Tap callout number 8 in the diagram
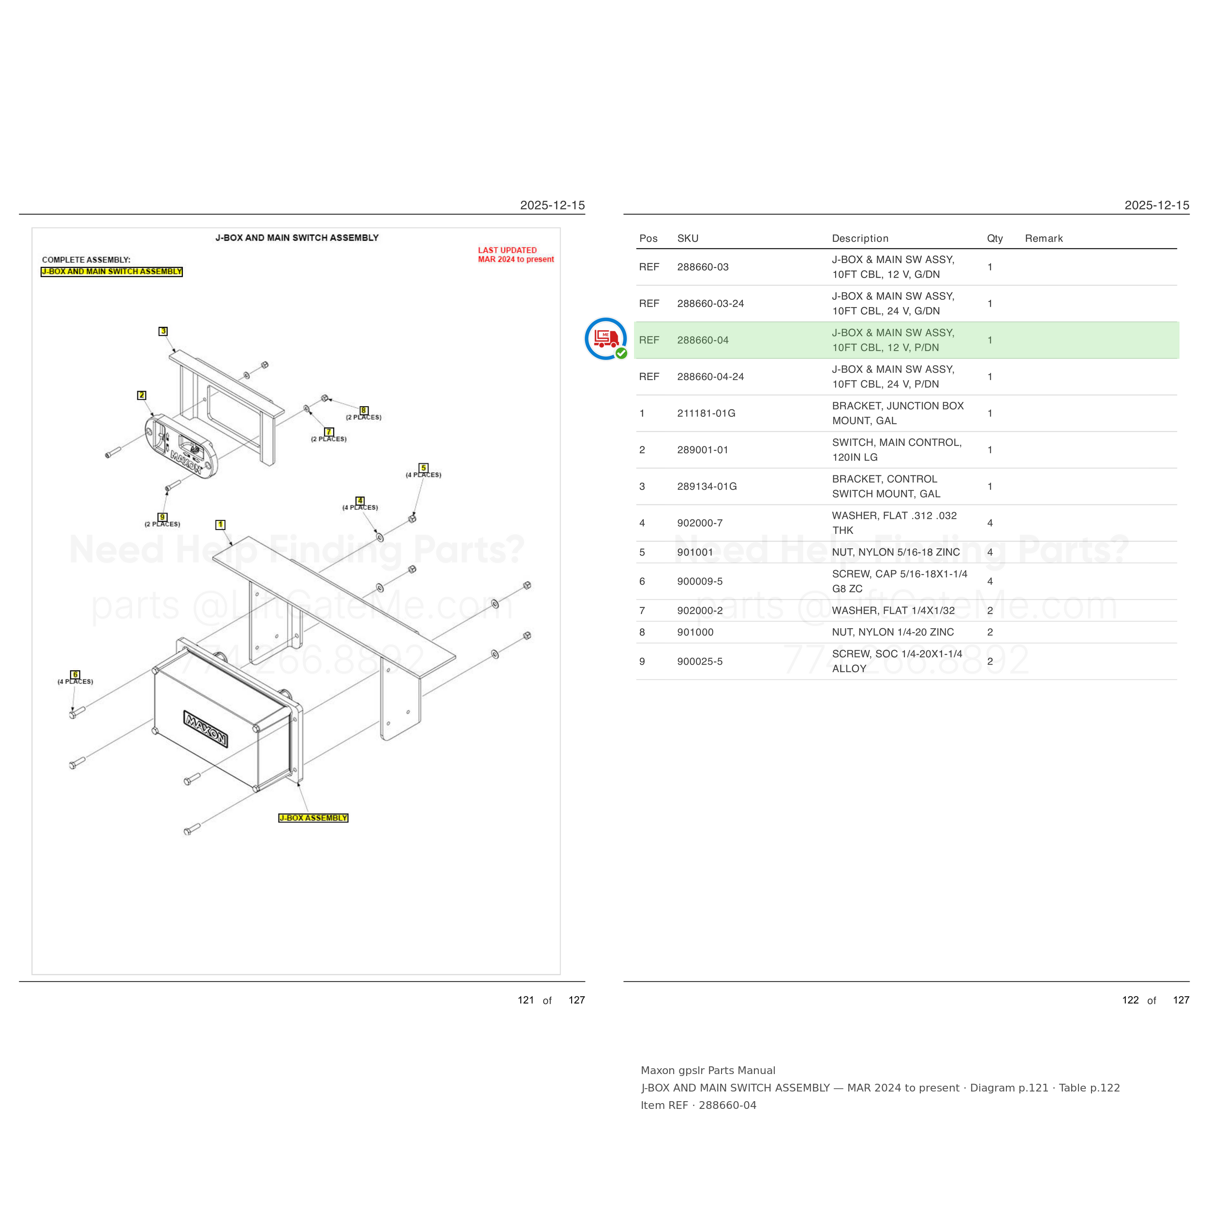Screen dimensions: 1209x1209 pyautogui.click(x=364, y=411)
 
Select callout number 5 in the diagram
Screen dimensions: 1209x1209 pyautogui.click(x=424, y=468)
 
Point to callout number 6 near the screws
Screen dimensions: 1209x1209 pyautogui.click(x=75, y=675)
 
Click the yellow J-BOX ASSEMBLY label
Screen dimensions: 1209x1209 pyautogui.click(x=313, y=818)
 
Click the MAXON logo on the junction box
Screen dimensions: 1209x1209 pyautogui.click(x=205, y=728)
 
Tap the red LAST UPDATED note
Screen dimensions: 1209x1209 pyautogui.click(x=516, y=255)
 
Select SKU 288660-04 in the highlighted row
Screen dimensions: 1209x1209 pyautogui.click(x=703, y=340)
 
